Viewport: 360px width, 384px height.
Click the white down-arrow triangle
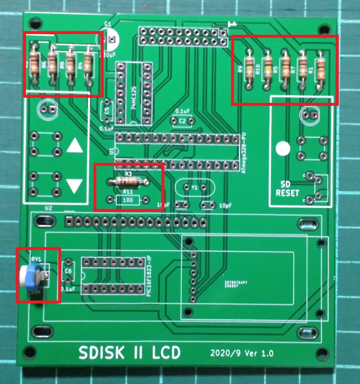(x=75, y=186)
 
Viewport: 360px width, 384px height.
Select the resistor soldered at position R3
(x=127, y=181)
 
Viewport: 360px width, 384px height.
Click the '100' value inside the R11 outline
(x=128, y=200)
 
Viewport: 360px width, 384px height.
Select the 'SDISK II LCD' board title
(x=130, y=353)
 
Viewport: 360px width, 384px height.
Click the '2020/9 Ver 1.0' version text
(x=242, y=354)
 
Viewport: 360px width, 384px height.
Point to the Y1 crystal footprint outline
(x=194, y=187)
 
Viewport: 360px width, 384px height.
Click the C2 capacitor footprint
(x=182, y=121)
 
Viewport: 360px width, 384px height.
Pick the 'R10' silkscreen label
(x=258, y=69)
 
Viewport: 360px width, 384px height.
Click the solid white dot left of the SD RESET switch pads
(x=283, y=149)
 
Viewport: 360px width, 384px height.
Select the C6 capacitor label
(x=68, y=271)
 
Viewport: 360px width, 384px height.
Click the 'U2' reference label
(x=48, y=208)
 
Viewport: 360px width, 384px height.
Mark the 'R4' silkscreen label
(x=79, y=66)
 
